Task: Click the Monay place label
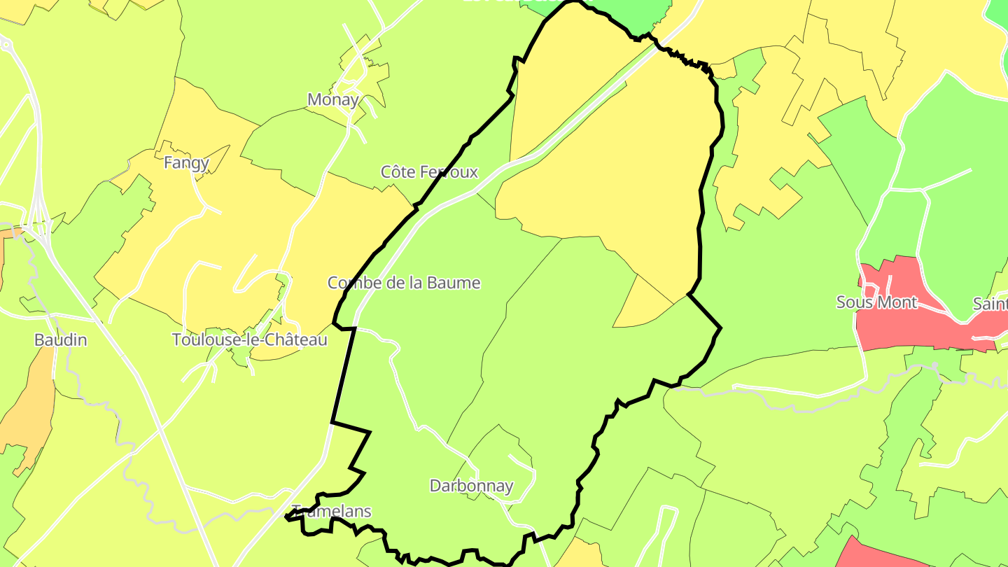[x=333, y=100]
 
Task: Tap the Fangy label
[x=186, y=163]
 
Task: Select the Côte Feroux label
[x=429, y=172]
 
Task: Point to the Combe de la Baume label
[x=404, y=283]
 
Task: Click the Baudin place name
[x=61, y=340]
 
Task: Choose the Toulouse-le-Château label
[x=250, y=340]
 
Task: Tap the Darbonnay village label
[x=471, y=486]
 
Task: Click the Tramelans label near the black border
[x=331, y=511]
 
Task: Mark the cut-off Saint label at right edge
[x=990, y=304]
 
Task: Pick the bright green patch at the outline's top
[x=633, y=14]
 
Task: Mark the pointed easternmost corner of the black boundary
[x=720, y=327]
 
